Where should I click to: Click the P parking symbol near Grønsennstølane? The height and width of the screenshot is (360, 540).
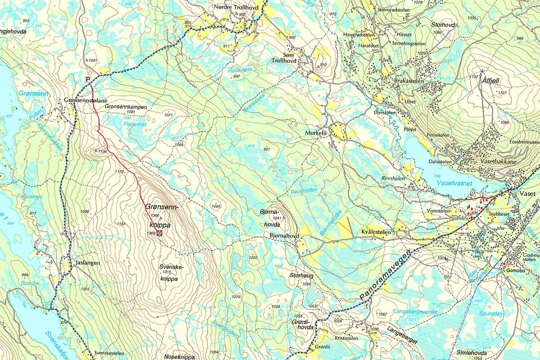[x=89, y=80]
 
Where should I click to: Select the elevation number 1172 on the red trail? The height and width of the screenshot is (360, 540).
[x=119, y=172]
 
